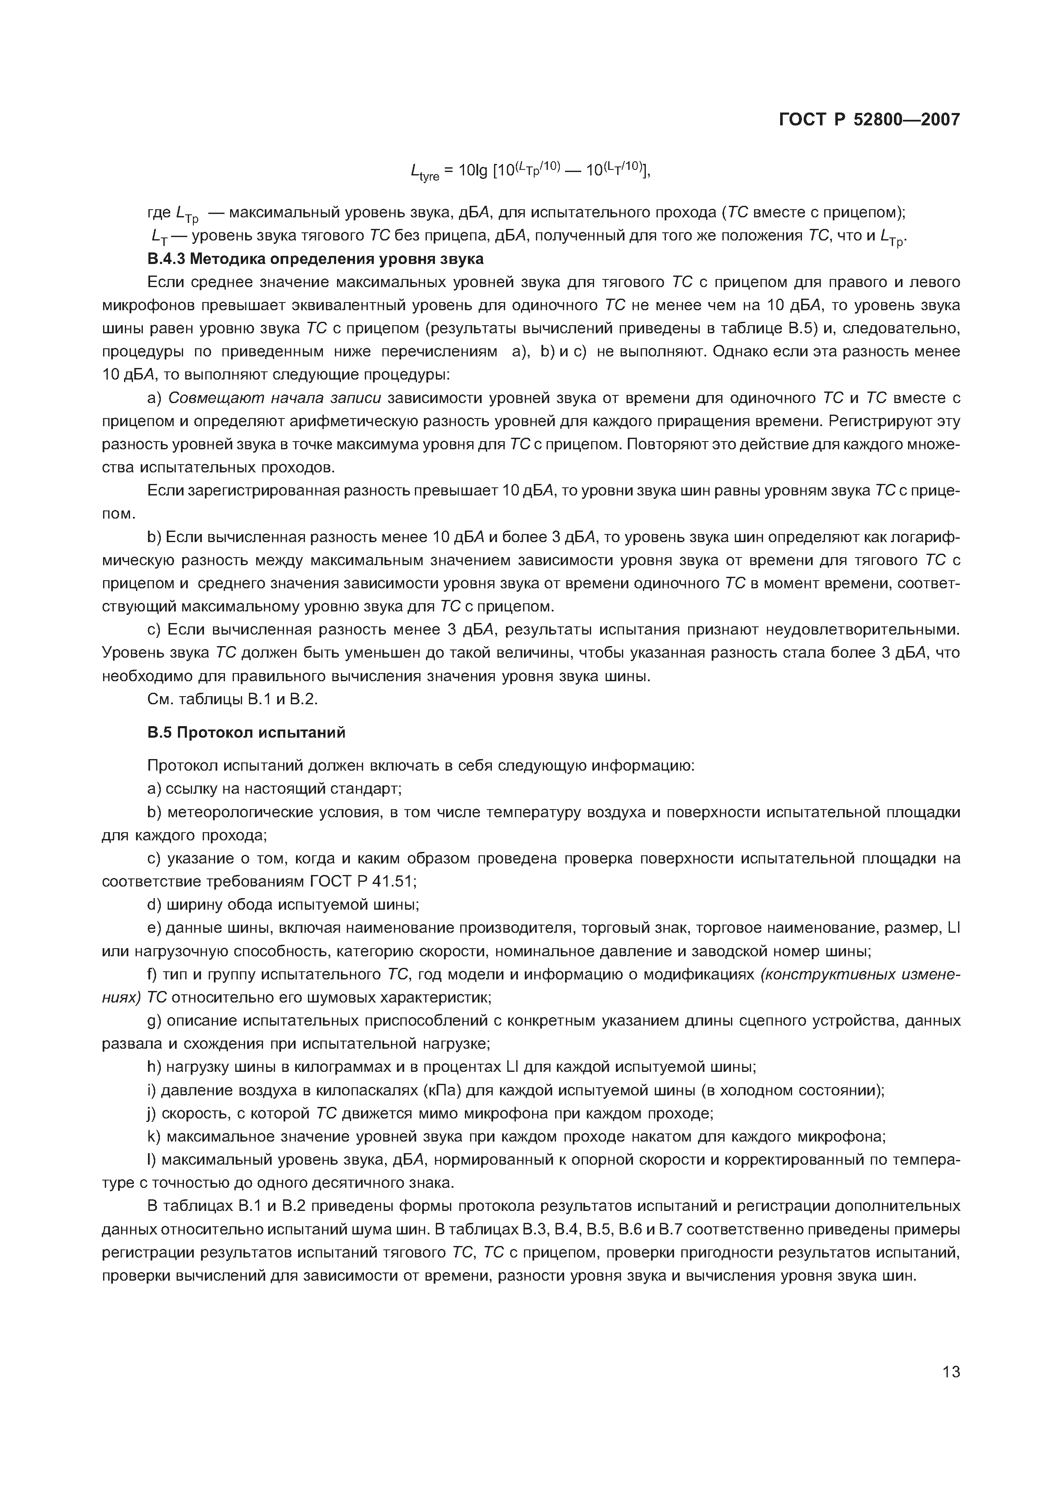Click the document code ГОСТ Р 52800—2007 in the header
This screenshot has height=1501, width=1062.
click(x=870, y=120)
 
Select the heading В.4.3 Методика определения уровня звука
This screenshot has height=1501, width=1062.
click(x=315, y=259)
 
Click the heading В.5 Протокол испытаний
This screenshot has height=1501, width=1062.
click(x=246, y=733)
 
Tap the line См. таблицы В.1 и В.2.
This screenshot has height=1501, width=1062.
click(x=232, y=699)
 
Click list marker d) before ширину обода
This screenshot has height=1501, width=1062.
click(x=154, y=905)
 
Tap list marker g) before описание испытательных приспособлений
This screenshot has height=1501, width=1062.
click(x=155, y=1021)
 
